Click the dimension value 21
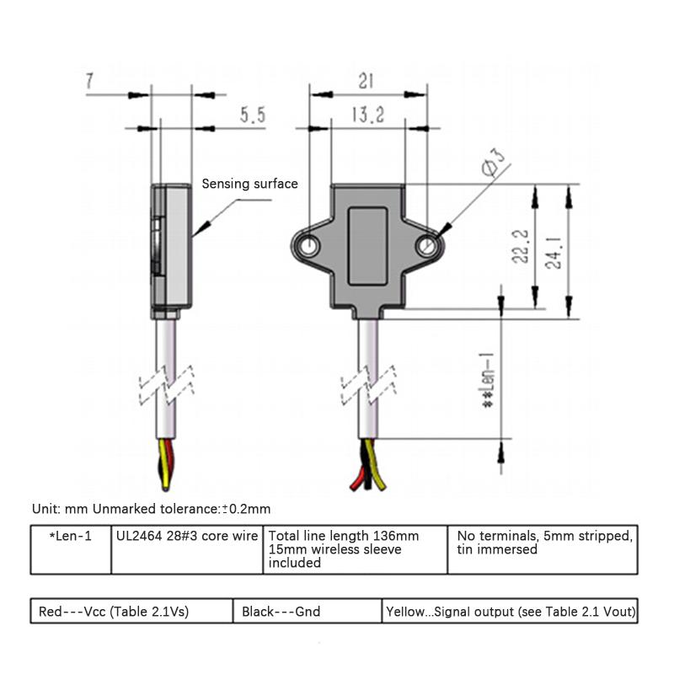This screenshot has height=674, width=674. click(365, 82)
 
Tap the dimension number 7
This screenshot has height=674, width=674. click(89, 82)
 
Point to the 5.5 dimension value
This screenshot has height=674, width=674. click(252, 115)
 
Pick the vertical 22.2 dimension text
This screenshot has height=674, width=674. click(522, 246)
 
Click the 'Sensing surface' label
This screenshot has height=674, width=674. click(249, 184)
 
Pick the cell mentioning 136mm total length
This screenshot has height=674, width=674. click(355, 549)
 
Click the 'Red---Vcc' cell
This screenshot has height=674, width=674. click(131, 612)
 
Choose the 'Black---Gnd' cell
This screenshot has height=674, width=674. click(307, 612)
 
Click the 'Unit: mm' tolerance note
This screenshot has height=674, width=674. click(151, 509)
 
